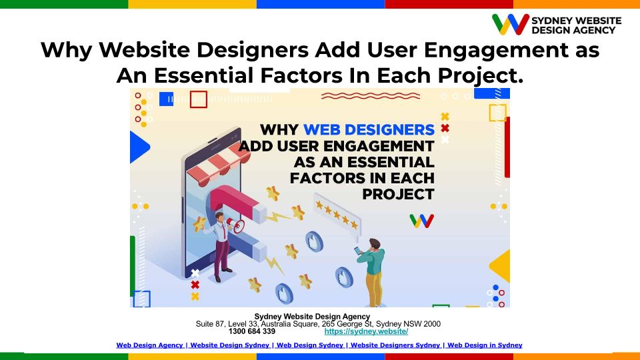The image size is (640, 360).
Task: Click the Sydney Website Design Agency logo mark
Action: [510, 24]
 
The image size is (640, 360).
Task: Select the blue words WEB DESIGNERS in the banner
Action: [369, 130]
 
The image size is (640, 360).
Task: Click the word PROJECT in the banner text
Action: [398, 194]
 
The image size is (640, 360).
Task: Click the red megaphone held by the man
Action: [235, 225]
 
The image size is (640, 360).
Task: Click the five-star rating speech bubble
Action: [337, 216]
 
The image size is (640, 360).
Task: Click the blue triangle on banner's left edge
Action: [139, 147]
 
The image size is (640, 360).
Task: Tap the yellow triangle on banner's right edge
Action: [501, 266]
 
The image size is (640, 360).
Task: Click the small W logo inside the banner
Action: [421, 221]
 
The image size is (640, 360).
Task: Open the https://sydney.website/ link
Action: [366, 331]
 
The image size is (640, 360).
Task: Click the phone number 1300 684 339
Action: [252, 331]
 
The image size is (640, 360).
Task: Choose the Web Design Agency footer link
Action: [150, 345]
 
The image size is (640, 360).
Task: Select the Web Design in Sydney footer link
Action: [485, 345]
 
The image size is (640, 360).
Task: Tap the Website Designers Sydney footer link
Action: [395, 345]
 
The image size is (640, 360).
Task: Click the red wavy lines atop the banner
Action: [371, 96]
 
